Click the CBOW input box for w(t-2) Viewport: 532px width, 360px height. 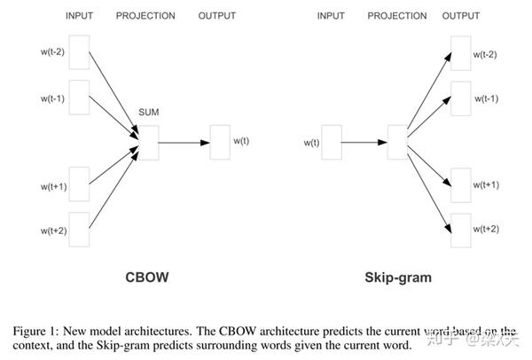79,51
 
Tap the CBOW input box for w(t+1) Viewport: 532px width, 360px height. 79,184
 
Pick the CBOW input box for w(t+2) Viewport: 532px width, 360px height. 79,229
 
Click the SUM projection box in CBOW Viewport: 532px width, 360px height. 148,142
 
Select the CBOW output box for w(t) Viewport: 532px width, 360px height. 220,140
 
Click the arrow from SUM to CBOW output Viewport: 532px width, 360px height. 184,141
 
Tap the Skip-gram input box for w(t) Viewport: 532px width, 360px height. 332,141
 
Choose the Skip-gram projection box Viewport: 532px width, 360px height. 397,142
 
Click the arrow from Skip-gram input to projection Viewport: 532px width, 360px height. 364,141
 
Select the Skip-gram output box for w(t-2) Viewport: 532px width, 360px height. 460,54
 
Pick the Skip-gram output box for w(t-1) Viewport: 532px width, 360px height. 460,98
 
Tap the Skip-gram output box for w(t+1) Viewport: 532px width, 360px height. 460,184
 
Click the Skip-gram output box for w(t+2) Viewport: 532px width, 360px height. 460,229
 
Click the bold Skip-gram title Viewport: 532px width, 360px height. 398,278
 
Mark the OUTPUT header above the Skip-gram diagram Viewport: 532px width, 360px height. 462,16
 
